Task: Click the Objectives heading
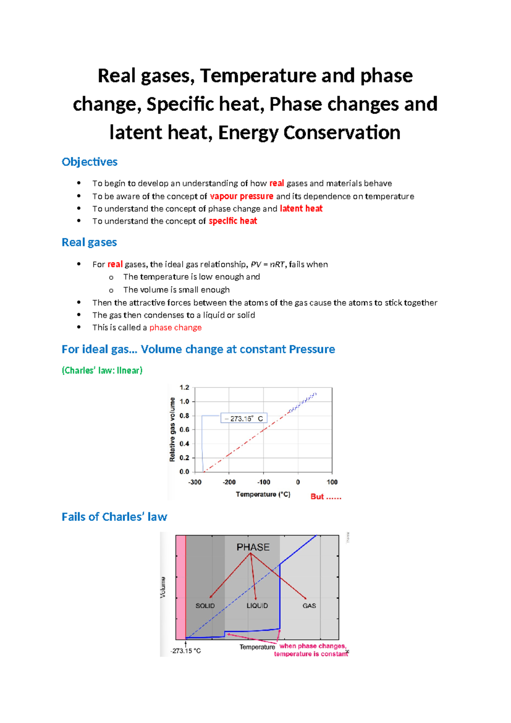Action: pos(89,162)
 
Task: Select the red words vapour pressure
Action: pos(241,197)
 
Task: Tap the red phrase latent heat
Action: pos(301,209)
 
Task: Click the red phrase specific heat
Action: pos(233,221)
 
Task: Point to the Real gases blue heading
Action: pos(89,243)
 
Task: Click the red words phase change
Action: pos(175,328)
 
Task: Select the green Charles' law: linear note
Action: pos(102,370)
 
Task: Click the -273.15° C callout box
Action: pos(244,419)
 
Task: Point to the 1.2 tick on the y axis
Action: pos(184,388)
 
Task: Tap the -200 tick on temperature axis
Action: pos(229,482)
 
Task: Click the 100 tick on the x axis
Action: pos(332,482)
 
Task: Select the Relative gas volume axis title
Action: pos(172,429)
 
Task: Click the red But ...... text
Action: pos(326,497)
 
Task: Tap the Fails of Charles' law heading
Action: pos(114,517)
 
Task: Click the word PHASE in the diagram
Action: pos(253,547)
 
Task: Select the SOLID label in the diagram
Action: pos(205,606)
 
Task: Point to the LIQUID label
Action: pos(257,606)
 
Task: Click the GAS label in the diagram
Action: pos(309,606)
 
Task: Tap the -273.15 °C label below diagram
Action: pos(186,651)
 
